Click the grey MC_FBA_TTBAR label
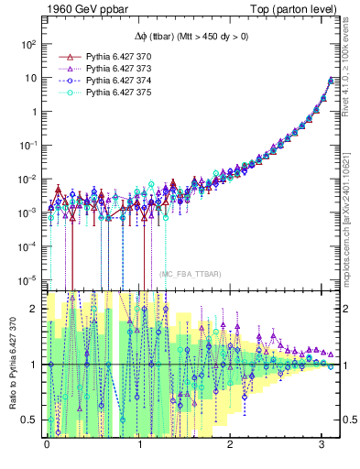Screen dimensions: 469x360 click(189, 274)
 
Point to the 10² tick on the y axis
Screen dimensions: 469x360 click(29, 44)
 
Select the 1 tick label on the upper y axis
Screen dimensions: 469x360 click(33, 112)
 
